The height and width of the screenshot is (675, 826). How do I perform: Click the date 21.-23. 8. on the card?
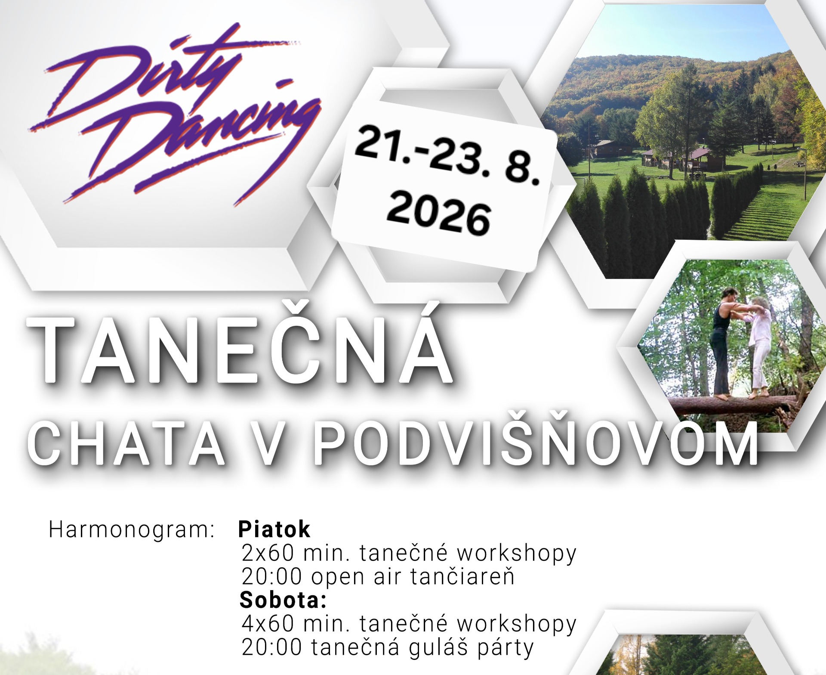pyautogui.click(x=447, y=157)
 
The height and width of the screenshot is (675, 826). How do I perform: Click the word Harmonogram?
pyautogui.click(x=132, y=529)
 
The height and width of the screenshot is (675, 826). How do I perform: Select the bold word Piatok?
pyautogui.click(x=274, y=529)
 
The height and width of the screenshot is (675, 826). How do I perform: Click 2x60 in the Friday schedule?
pyautogui.click(x=268, y=553)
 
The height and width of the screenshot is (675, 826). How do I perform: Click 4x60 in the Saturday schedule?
pyautogui.click(x=268, y=623)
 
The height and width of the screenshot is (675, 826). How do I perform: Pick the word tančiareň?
pyautogui.click(x=462, y=576)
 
